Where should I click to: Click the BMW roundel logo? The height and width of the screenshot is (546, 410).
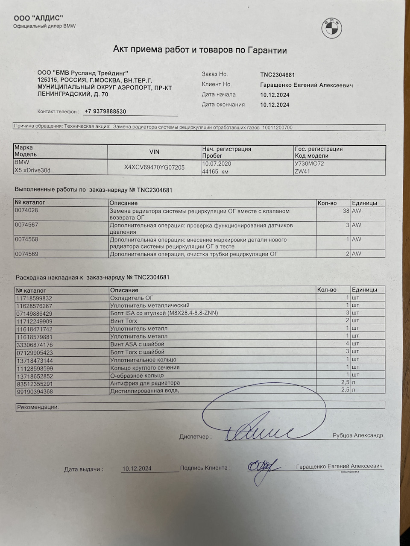click(x=331, y=28)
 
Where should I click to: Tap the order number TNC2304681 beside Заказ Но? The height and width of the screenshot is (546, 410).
click(x=277, y=75)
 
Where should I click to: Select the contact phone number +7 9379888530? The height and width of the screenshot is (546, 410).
click(x=105, y=112)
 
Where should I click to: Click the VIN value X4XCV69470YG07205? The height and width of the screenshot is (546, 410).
click(x=154, y=167)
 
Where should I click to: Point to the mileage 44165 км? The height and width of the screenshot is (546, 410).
click(x=216, y=171)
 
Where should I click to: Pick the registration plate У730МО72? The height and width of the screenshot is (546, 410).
click(x=309, y=164)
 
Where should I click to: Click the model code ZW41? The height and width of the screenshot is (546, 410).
click(x=302, y=171)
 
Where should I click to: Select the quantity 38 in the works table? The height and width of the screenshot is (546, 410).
click(x=346, y=211)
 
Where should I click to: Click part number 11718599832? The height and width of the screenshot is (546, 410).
click(x=34, y=298)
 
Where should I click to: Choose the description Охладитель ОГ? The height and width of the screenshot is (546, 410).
click(x=132, y=298)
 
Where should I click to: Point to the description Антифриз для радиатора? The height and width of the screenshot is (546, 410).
click(x=145, y=383)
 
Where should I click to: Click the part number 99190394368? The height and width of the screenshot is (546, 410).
click(x=34, y=391)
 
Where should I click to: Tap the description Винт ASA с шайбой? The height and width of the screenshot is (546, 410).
click(x=137, y=344)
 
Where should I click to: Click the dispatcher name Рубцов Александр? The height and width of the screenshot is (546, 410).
click(x=358, y=435)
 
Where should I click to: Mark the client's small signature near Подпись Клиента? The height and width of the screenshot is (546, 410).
click(x=261, y=467)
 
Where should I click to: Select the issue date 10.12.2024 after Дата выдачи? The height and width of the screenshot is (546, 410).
click(x=137, y=469)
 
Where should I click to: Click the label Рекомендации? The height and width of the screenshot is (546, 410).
click(x=38, y=407)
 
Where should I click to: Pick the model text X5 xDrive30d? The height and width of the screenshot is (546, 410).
click(x=32, y=170)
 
